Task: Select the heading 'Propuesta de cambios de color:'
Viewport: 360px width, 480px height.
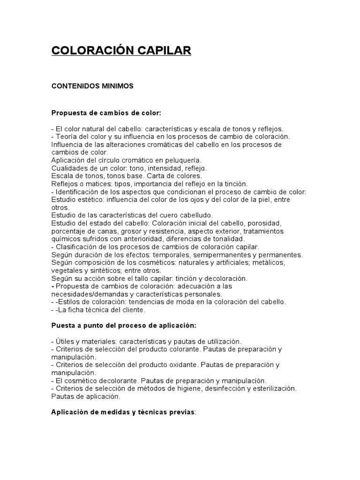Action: (106, 113)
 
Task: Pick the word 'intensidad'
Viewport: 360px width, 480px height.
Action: (147, 167)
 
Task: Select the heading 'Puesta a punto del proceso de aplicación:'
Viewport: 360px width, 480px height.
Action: (124, 325)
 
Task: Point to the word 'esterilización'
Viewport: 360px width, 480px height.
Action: (272, 388)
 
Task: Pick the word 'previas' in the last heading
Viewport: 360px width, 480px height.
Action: (181, 412)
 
